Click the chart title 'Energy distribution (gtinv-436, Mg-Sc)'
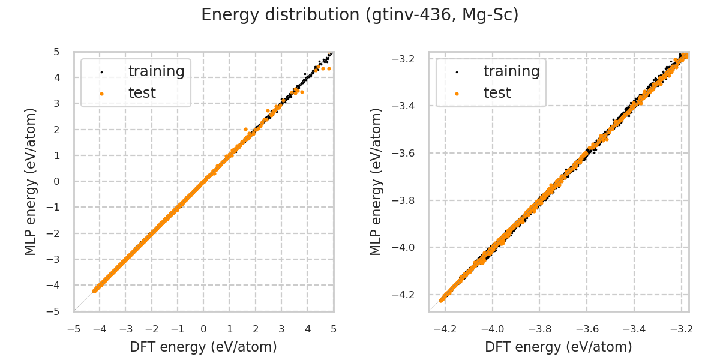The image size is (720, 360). [359, 15]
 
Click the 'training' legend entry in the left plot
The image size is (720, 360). [156, 71]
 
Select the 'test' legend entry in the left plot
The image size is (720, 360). [142, 93]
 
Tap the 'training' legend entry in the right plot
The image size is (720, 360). [511, 71]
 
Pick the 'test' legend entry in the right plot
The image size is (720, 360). [497, 93]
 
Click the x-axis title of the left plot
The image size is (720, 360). [203, 347]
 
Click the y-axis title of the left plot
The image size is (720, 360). [31, 181]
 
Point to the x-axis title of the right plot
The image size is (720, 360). [559, 347]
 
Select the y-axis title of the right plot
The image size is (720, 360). [376, 181]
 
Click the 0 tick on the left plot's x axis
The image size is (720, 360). [203, 329]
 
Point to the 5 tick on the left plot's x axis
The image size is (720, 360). [334, 329]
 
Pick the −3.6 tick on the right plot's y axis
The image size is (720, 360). [409, 153]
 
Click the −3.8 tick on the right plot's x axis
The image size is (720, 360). [539, 329]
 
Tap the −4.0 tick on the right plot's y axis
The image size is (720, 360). [409, 247]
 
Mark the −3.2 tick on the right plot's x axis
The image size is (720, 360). [681, 329]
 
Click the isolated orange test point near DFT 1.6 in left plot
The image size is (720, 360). [245, 129]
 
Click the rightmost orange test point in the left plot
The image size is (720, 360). [329, 68]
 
